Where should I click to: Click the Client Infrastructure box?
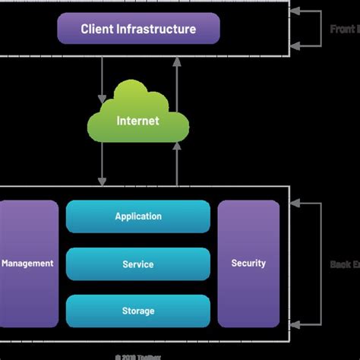click(x=139, y=29)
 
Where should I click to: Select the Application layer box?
click(x=138, y=216)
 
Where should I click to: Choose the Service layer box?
click(x=138, y=264)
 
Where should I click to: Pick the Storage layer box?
click(x=138, y=311)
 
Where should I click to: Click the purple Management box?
click(x=28, y=264)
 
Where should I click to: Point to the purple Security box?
click(x=248, y=264)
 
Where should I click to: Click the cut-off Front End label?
click(x=345, y=29)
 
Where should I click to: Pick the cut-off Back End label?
click(x=345, y=264)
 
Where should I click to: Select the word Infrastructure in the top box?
click(x=158, y=29)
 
